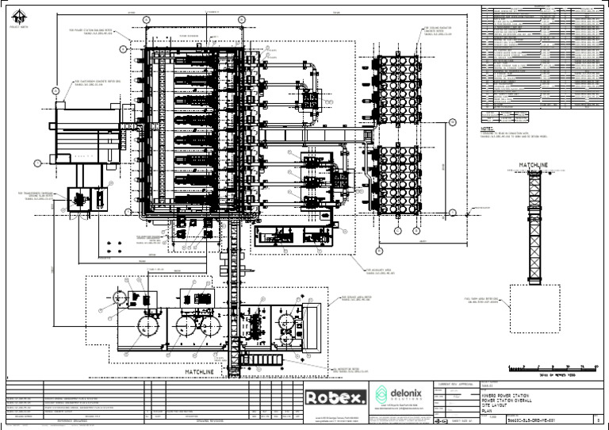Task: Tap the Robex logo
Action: coord(335,397)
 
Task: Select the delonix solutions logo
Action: coord(402,395)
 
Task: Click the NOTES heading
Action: coord(488,127)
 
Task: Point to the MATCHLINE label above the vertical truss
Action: coord(533,165)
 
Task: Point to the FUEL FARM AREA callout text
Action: coord(481,299)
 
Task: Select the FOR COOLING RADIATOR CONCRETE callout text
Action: coord(433,32)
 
